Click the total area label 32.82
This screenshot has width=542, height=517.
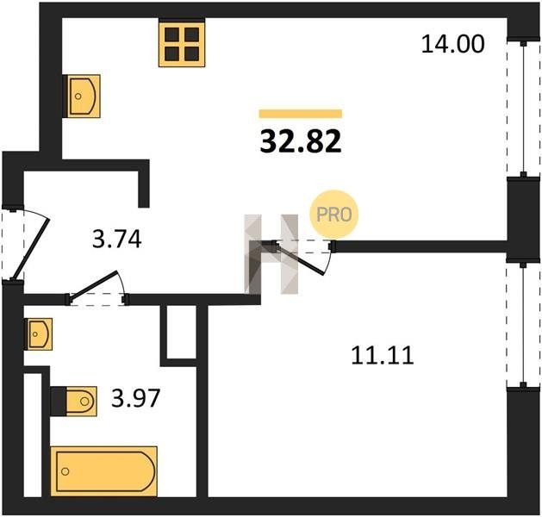pyautogui.click(x=301, y=141)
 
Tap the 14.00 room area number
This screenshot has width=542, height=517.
pyautogui.click(x=453, y=44)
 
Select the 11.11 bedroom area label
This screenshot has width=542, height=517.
pyautogui.click(x=383, y=356)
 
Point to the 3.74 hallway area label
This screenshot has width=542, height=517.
pyautogui.click(x=117, y=240)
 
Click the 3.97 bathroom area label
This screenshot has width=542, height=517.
pyautogui.click(x=136, y=398)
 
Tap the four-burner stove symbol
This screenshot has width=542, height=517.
pyautogui.click(x=182, y=43)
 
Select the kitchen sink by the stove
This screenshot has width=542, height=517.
pyautogui.click(x=83, y=96)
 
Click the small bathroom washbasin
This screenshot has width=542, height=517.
pyautogui.click(x=39, y=334)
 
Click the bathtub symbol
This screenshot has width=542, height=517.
pyautogui.click(x=103, y=471)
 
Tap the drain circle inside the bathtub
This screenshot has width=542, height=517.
pyautogui.click(x=65, y=471)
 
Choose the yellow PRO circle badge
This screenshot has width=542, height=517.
pyautogui.click(x=334, y=215)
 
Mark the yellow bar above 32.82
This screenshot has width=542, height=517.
pyautogui.click(x=301, y=114)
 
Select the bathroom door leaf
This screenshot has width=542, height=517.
pyautogui.click(x=94, y=284)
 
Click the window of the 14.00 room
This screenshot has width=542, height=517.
pyautogui.click(x=524, y=109)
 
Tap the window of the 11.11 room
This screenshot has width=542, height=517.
pyautogui.click(x=524, y=325)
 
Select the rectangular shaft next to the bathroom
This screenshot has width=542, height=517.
pyautogui.click(x=182, y=332)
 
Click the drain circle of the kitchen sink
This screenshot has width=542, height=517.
pyautogui.click(x=78, y=97)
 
